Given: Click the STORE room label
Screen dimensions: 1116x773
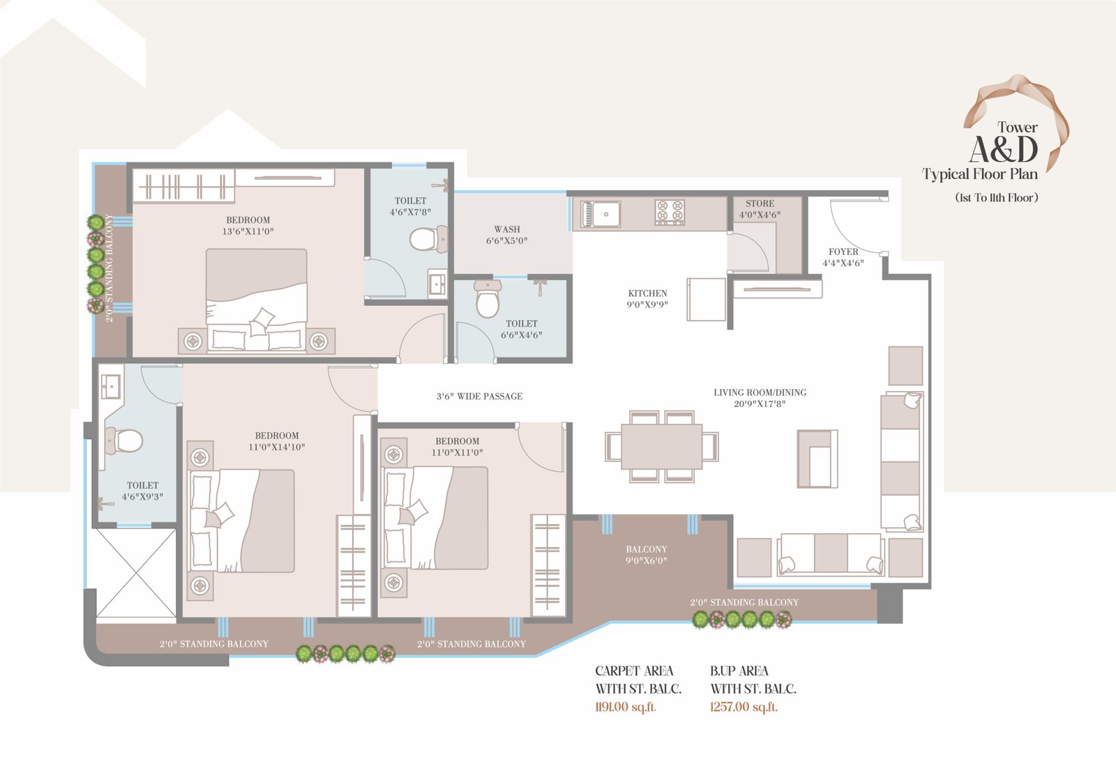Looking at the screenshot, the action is point(760,204).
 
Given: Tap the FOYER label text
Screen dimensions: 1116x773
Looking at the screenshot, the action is point(843,252).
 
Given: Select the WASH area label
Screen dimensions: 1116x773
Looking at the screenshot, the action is point(507,229).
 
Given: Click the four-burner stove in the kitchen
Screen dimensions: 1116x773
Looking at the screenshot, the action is point(670,213).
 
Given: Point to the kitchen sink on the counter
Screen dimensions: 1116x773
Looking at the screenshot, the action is point(601,215).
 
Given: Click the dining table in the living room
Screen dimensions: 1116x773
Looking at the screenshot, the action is point(662,447).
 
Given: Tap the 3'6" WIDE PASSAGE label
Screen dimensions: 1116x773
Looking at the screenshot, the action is point(480,397).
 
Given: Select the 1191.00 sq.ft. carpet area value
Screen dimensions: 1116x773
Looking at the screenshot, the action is point(626,707).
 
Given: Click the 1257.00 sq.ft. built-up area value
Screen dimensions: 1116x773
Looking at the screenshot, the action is point(744,707).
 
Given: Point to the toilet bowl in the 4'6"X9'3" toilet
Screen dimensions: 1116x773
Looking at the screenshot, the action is point(125,441).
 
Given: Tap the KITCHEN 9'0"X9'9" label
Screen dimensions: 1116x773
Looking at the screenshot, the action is point(648,298).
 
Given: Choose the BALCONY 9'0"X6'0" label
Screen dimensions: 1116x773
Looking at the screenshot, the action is point(647,555).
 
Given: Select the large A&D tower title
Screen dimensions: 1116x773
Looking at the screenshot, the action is point(1004,150).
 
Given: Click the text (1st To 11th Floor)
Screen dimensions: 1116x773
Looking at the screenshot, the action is point(997,197).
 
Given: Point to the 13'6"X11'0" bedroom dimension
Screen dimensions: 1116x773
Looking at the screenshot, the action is point(248,231).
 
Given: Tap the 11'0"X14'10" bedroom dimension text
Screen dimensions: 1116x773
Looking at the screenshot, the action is point(277,447).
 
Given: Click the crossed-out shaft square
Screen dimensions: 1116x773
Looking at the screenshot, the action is point(135,574).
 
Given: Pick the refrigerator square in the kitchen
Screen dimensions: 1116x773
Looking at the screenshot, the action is point(707,300).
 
